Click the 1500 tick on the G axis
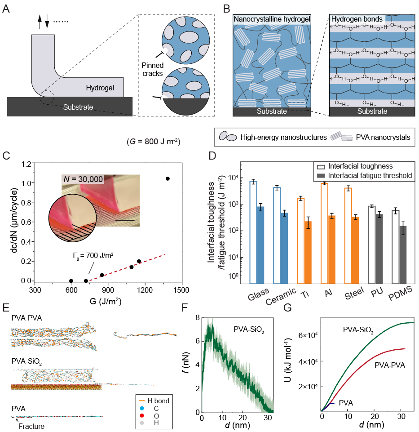(x=181, y=291)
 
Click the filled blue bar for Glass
(x=260, y=245)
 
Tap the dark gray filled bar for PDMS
(x=403, y=255)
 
